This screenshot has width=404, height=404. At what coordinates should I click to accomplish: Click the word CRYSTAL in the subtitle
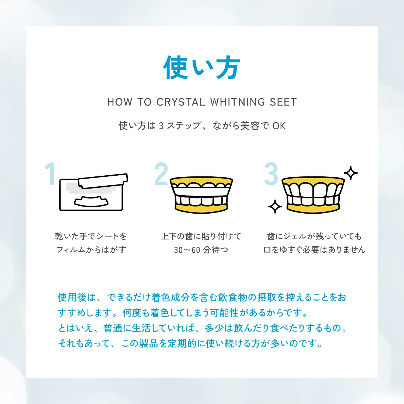pyautogui.click(x=181, y=102)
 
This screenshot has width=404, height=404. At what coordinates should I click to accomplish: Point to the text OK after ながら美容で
pyautogui.click(x=279, y=126)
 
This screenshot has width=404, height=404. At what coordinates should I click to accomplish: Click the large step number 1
pyautogui.click(x=50, y=174)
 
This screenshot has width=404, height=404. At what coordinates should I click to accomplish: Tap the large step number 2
pyautogui.click(x=161, y=174)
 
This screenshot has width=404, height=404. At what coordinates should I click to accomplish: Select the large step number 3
pyautogui.click(x=271, y=174)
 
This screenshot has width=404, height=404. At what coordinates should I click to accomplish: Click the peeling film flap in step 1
pyautogui.click(x=103, y=181)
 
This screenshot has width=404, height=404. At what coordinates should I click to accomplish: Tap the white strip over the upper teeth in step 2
pyautogui.click(x=201, y=192)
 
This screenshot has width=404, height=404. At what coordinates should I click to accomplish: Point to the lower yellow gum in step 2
pyautogui.click(x=201, y=208)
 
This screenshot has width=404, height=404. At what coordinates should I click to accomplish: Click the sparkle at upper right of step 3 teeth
pyautogui.click(x=351, y=173)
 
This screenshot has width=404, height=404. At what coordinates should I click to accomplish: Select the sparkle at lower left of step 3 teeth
pyautogui.click(x=275, y=207)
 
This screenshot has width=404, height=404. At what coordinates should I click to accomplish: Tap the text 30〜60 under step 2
pyautogui.click(x=187, y=250)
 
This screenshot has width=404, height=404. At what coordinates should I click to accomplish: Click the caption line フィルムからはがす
pyautogui.click(x=91, y=250)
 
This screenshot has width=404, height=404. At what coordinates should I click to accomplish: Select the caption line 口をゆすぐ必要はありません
pyautogui.click(x=314, y=250)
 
